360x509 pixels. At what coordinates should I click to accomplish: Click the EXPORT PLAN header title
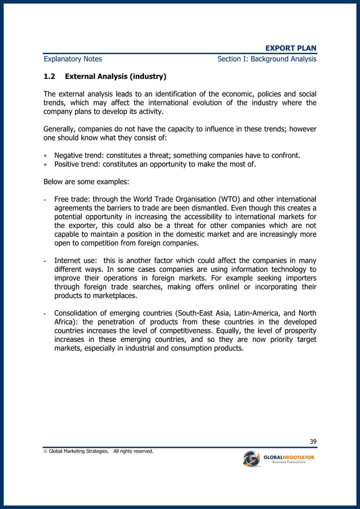point(291,48)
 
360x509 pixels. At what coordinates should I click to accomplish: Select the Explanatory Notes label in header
point(73,59)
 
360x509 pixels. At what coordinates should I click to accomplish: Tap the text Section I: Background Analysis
point(266,59)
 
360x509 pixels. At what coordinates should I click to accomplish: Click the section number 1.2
point(50,76)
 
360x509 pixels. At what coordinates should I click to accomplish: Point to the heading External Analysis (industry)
point(116,76)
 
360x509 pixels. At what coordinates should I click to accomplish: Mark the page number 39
point(312,441)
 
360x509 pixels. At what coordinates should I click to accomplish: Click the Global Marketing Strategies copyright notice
point(99,451)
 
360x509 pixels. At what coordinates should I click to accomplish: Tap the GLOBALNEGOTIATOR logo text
point(289,457)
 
